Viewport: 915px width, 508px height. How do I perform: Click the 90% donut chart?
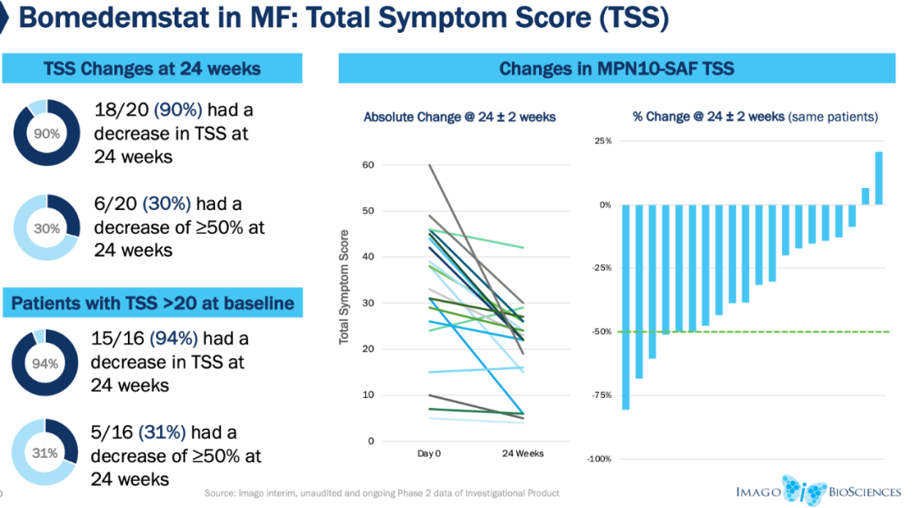[x=46, y=133]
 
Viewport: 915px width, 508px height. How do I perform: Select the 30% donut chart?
[x=46, y=227]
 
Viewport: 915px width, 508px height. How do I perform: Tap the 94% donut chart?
[x=46, y=363]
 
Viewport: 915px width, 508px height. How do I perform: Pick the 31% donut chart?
[x=46, y=453]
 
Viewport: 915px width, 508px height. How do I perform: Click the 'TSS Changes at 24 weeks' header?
[x=152, y=69]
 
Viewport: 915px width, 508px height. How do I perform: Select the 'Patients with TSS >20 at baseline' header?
[x=152, y=302]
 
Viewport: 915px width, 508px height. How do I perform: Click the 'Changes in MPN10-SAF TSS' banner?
[x=616, y=69]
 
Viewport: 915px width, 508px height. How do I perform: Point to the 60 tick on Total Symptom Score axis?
[x=368, y=165]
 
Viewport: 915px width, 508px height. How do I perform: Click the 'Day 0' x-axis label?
[x=430, y=454]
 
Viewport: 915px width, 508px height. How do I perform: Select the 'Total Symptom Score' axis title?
[x=344, y=286]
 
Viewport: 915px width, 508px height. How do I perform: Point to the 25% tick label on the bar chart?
[x=602, y=141]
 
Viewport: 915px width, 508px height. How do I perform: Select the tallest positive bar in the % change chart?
[x=879, y=178]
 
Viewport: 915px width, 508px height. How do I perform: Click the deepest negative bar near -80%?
[x=626, y=306]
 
